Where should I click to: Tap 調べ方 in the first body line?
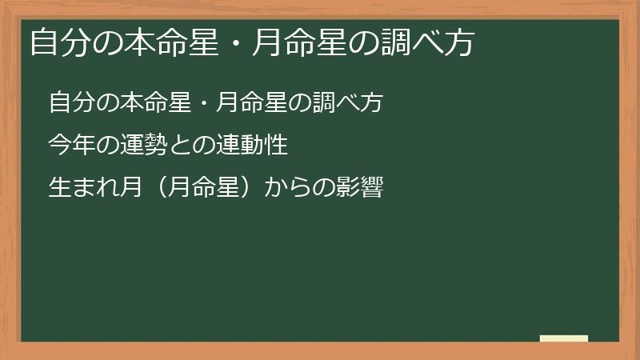[x=355, y=103]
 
